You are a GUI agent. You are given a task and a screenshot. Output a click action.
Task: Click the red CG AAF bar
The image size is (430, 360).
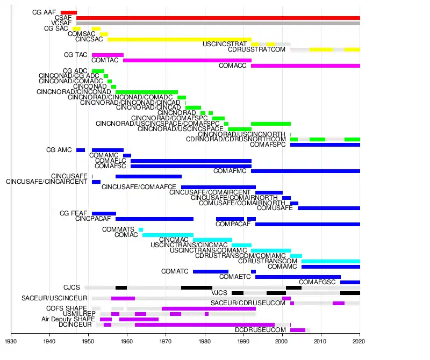[x=69, y=12]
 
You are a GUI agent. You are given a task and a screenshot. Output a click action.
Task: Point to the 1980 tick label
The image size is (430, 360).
[x=204, y=341]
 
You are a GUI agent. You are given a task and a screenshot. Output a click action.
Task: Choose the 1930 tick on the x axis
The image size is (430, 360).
[x=11, y=341]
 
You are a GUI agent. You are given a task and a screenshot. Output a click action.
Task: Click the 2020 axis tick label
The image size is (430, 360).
[x=360, y=341]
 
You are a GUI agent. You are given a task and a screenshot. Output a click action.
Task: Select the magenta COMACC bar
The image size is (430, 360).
[x=305, y=66]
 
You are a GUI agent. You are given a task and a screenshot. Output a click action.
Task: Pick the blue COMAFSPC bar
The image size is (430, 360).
[x=325, y=145]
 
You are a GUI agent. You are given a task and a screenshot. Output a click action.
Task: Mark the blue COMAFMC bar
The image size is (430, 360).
[x=305, y=171]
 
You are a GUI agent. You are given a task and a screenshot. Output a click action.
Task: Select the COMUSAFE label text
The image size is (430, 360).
[x=275, y=208]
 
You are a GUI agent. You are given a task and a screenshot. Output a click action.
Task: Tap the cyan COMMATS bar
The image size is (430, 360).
[x=141, y=229]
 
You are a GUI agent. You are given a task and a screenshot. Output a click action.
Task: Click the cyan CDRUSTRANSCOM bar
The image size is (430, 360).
[x=331, y=261]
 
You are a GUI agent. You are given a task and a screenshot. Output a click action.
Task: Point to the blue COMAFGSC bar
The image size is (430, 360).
[x=350, y=282]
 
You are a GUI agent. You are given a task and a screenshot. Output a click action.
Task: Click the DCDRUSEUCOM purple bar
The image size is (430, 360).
[x=298, y=330]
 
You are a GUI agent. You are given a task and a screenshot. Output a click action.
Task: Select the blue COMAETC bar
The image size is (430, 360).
[x=298, y=277]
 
